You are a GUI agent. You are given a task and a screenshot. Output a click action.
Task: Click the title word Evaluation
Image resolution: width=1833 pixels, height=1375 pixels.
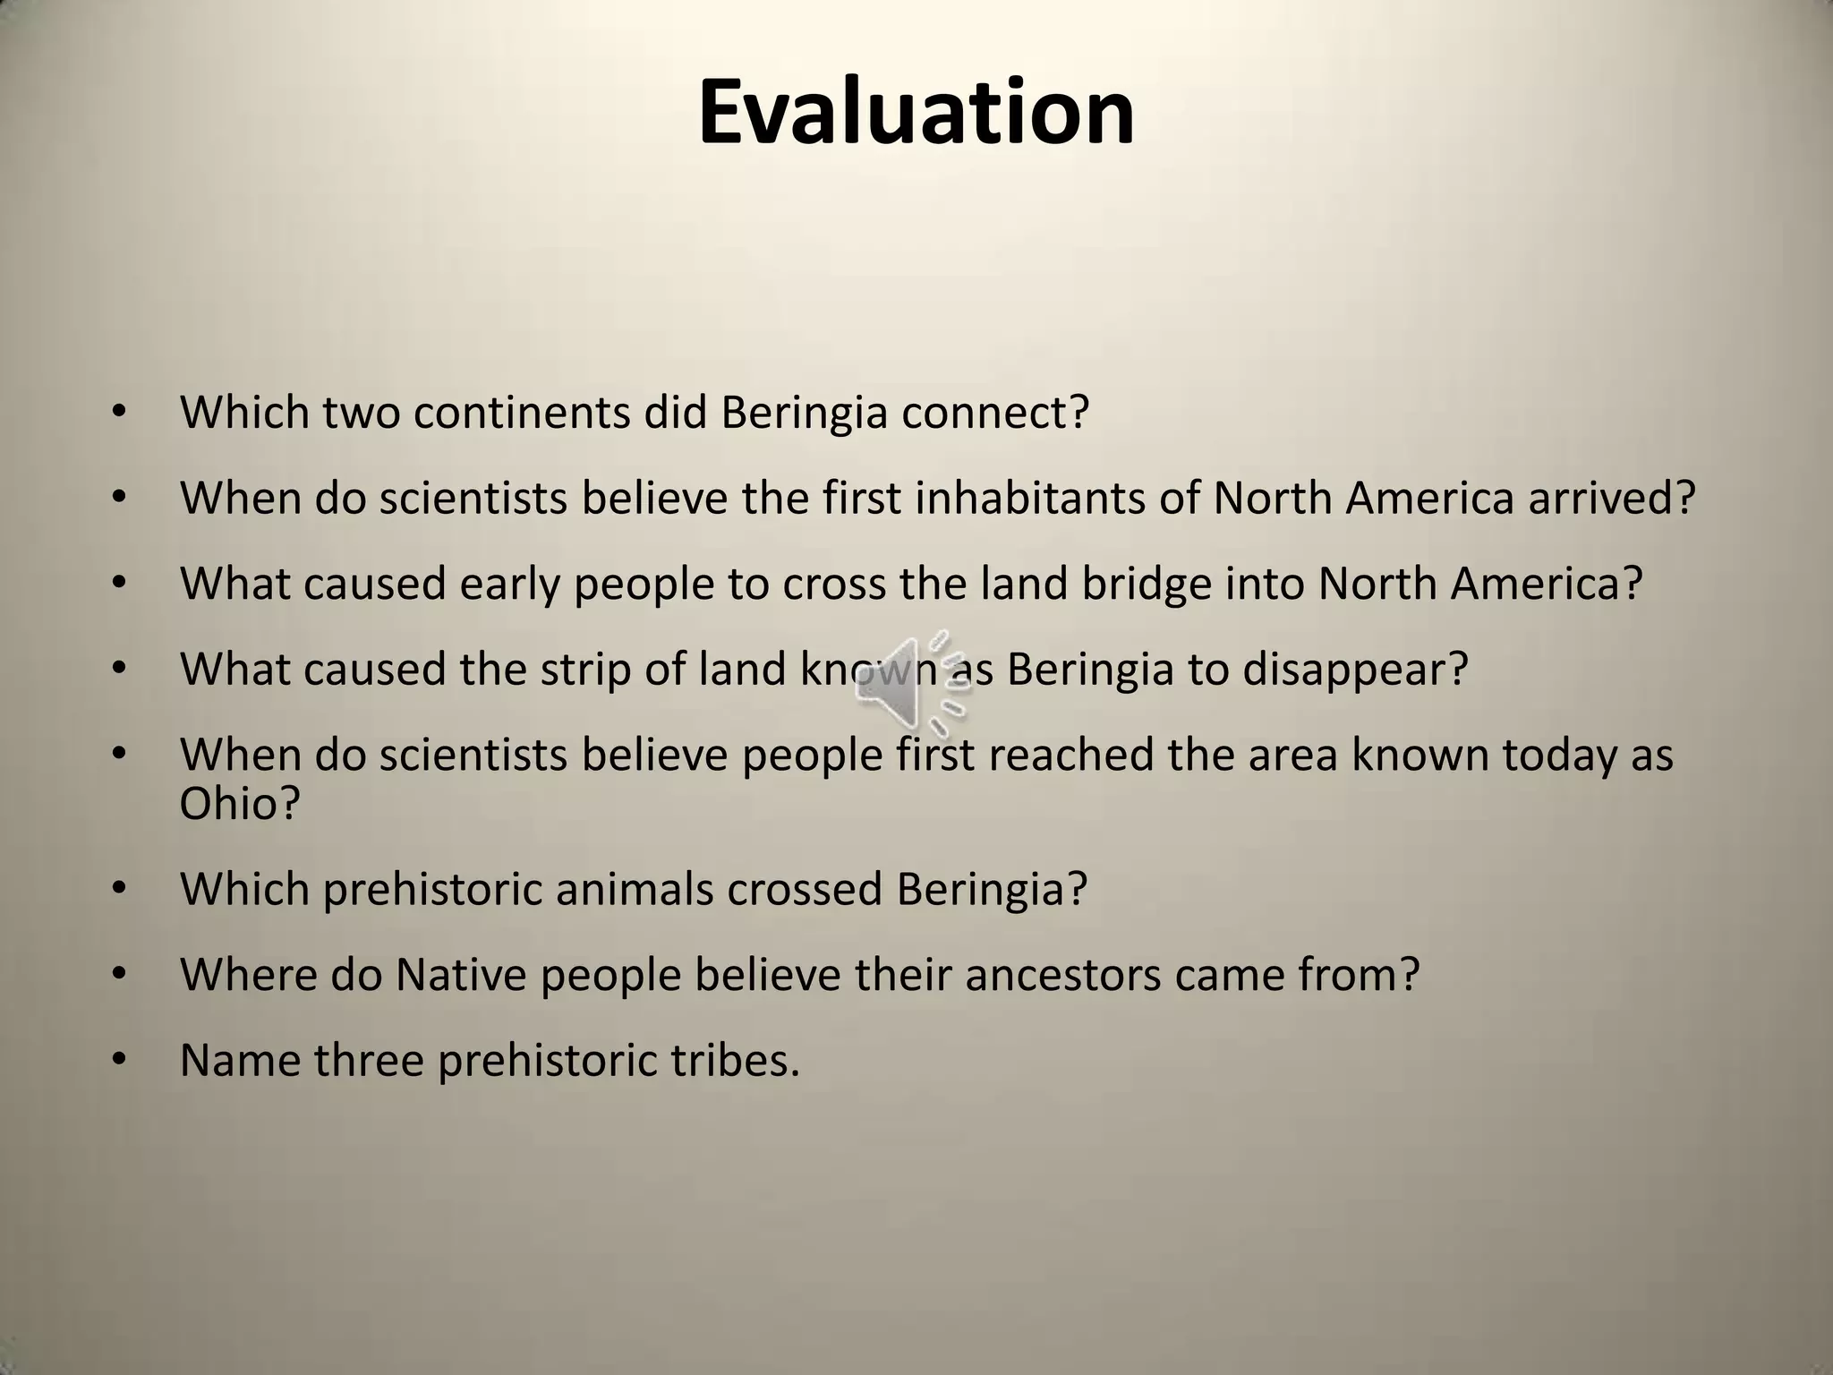(x=916, y=113)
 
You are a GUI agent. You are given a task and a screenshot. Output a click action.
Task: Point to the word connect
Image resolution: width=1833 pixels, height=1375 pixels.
(x=994, y=412)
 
